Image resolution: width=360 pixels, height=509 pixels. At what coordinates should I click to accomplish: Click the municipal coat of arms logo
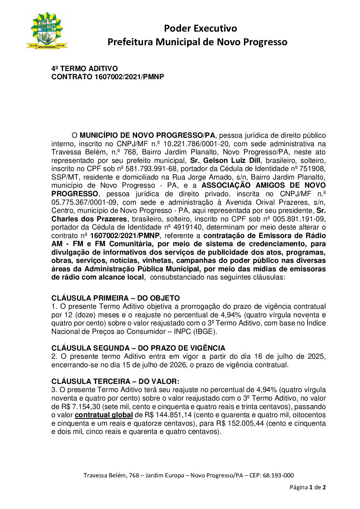click(x=47, y=31)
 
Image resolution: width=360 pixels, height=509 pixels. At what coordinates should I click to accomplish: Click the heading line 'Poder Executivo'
click(x=200, y=28)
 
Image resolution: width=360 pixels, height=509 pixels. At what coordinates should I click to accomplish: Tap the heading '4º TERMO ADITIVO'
click(x=85, y=69)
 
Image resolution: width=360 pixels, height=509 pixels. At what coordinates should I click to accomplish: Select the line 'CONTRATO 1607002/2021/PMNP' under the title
click(x=108, y=77)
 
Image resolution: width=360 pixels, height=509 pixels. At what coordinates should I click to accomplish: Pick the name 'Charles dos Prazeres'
click(x=89, y=219)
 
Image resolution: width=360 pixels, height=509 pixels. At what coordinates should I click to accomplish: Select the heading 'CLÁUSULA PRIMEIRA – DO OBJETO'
click(x=115, y=298)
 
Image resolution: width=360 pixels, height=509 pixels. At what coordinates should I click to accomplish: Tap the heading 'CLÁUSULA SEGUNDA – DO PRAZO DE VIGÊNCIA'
click(x=138, y=348)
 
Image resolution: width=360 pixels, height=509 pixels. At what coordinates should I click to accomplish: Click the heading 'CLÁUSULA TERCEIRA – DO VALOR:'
click(x=115, y=381)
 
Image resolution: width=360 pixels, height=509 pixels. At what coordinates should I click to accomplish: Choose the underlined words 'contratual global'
click(x=104, y=415)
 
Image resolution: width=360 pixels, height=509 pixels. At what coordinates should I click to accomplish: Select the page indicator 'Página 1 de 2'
click(x=308, y=487)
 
